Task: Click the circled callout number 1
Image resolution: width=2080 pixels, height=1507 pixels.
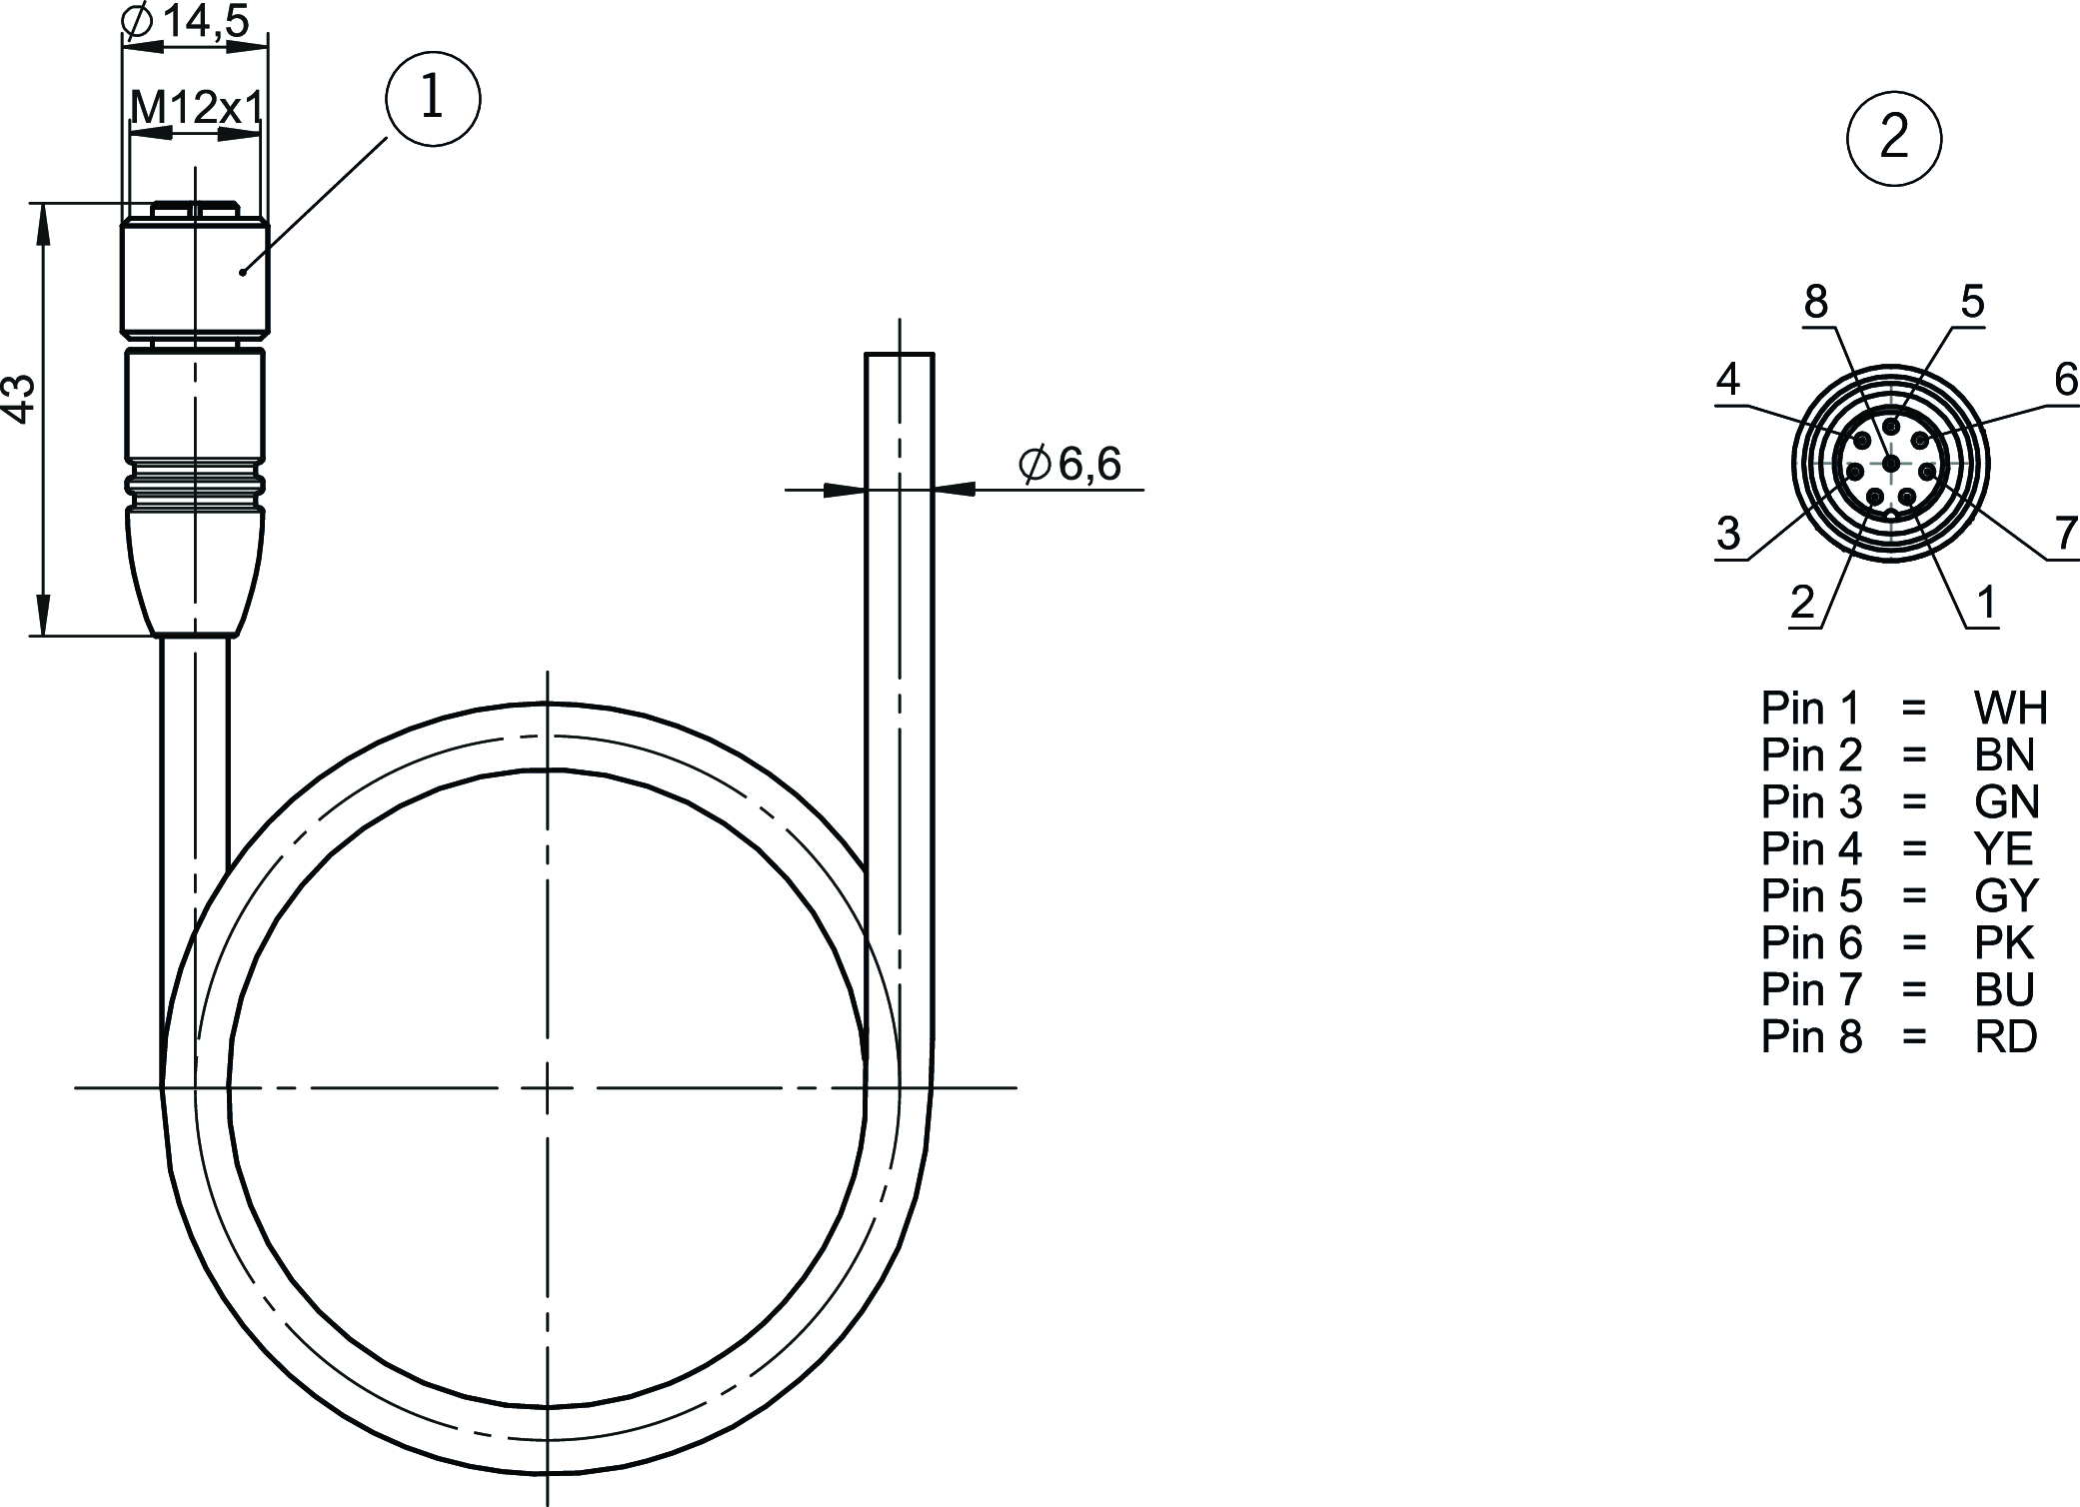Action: click(433, 98)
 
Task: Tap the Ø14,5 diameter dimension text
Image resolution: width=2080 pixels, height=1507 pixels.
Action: click(185, 20)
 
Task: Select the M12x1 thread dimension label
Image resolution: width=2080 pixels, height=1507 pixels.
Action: click(197, 107)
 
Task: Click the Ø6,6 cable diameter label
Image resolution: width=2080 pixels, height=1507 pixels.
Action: click(1069, 464)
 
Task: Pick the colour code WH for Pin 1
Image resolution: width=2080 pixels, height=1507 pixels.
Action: click(2010, 709)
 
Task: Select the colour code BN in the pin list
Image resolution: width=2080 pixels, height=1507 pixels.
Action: click(2004, 755)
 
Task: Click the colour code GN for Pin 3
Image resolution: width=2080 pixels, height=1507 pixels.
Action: click(2006, 802)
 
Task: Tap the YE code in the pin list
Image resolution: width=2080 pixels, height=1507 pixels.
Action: click(2003, 849)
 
